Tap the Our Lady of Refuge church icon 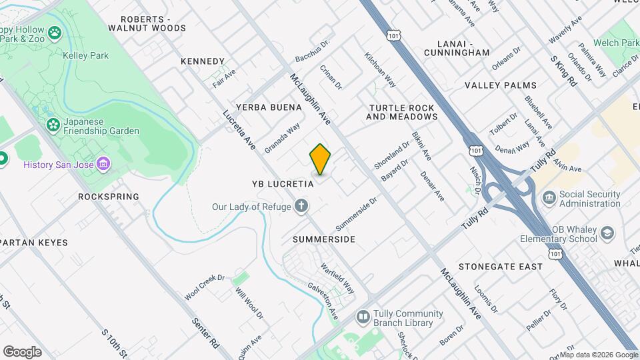(x=302, y=206)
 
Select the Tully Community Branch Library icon (x=363, y=315)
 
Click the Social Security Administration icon (x=549, y=197)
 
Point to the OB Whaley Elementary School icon (x=607, y=233)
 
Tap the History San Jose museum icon (x=103, y=164)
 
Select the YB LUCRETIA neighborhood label (x=282, y=183)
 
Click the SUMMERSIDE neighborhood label (x=324, y=239)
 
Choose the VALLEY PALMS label (x=501, y=85)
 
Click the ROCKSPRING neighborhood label (x=109, y=197)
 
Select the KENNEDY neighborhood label (x=203, y=61)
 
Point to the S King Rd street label (x=563, y=71)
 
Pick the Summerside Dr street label (x=357, y=209)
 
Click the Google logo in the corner (x=22, y=352)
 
